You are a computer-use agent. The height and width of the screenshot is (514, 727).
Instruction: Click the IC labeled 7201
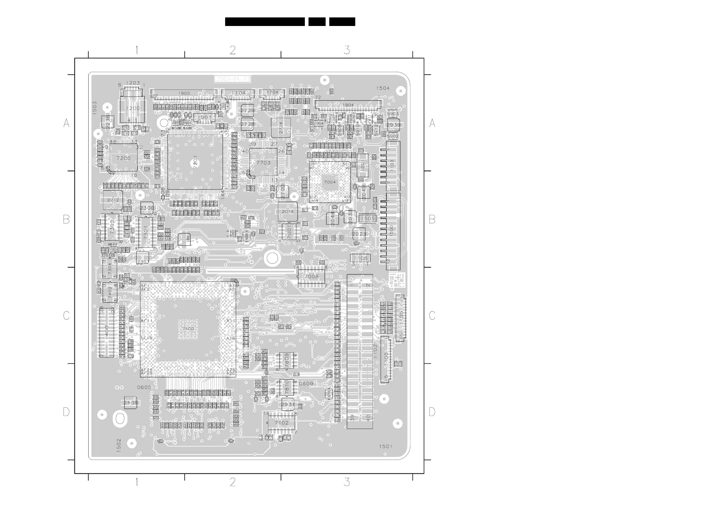click(195, 162)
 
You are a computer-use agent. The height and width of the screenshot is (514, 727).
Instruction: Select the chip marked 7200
click(123, 158)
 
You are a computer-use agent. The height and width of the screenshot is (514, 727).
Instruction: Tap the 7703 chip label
click(263, 163)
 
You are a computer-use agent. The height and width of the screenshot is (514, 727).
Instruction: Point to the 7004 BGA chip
click(330, 182)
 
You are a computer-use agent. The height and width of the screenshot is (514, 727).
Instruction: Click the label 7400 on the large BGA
click(188, 329)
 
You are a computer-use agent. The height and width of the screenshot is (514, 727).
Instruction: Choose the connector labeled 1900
click(184, 94)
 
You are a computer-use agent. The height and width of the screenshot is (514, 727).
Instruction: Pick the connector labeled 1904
click(348, 105)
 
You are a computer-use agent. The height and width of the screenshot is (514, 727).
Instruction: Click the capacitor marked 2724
click(281, 128)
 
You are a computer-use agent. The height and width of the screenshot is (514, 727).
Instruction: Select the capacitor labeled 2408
click(131, 402)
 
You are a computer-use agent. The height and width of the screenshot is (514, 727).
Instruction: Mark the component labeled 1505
click(367, 218)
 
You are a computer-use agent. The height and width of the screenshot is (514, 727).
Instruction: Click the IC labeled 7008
click(311, 277)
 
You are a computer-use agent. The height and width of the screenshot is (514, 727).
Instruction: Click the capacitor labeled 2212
click(113, 200)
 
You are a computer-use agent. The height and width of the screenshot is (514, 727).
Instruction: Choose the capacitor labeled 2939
click(393, 125)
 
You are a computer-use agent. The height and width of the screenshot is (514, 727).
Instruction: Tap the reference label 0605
click(144, 387)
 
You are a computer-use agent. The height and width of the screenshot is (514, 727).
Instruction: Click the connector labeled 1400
click(107, 332)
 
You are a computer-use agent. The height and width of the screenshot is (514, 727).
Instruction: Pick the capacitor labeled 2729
click(247, 111)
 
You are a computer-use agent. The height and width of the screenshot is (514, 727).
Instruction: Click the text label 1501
click(386, 446)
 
